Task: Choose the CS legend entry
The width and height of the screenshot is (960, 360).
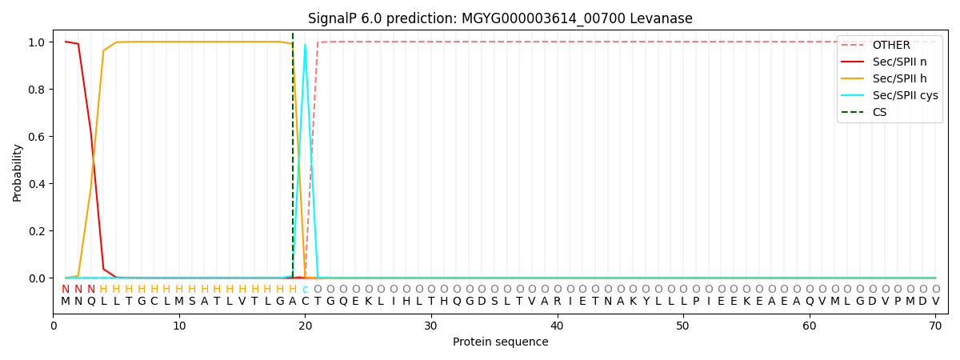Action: click(x=879, y=112)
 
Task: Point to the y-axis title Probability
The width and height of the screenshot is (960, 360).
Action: click(x=17, y=172)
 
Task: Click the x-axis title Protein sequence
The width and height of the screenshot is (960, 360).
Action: click(x=500, y=342)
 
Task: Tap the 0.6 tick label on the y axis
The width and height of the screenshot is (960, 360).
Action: click(x=36, y=137)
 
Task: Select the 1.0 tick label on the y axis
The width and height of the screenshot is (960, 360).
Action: click(x=36, y=42)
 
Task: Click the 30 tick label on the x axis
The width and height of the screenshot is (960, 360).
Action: click(x=431, y=326)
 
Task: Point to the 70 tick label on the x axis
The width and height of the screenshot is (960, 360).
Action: click(x=935, y=326)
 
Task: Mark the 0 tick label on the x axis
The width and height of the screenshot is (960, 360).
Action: click(x=54, y=326)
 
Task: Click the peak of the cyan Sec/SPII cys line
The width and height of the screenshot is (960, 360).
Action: click(x=305, y=45)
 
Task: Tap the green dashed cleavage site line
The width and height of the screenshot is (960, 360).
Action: click(x=293, y=160)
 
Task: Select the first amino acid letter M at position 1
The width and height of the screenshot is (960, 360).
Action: click(x=66, y=302)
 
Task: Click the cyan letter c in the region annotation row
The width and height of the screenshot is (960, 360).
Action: click(x=305, y=290)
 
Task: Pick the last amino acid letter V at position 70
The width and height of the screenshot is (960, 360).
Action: click(x=935, y=302)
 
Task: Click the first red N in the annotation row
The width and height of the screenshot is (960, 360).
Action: click(x=66, y=290)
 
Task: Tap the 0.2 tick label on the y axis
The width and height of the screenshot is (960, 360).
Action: click(x=36, y=231)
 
